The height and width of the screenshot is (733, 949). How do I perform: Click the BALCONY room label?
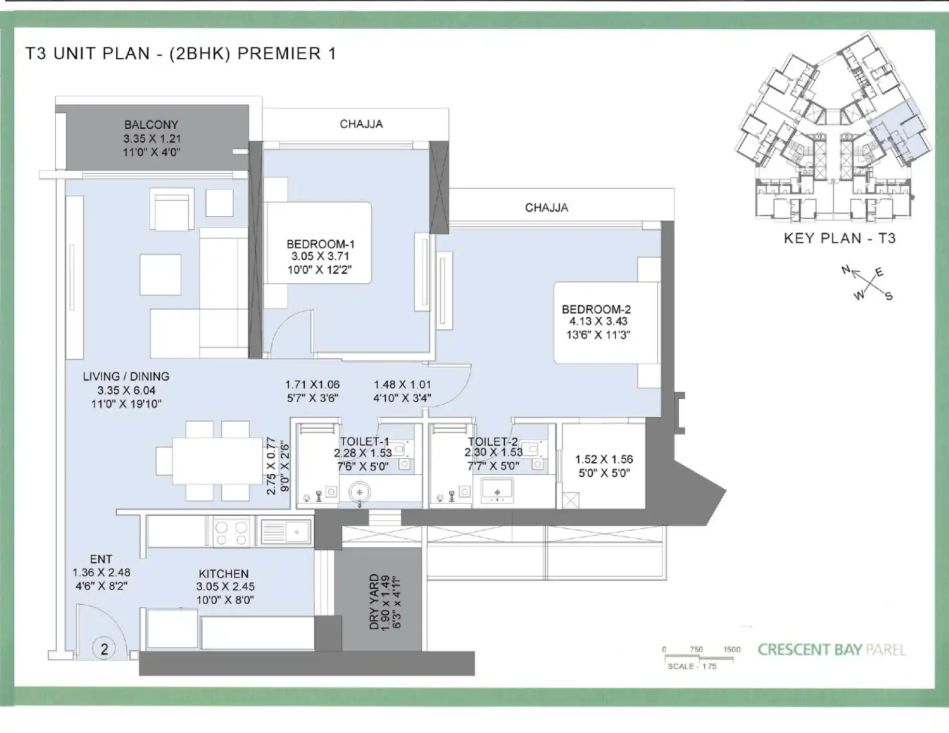(151, 125)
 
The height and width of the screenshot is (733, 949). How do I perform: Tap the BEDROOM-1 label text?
(321, 244)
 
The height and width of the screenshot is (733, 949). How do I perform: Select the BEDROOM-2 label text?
(596, 310)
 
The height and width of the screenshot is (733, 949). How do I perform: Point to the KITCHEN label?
(223, 574)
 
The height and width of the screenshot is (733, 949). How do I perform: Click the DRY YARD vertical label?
(374, 602)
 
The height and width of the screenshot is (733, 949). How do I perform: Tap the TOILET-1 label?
(365, 441)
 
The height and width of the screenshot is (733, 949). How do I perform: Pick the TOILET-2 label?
(492, 441)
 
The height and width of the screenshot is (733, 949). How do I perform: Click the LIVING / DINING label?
(126, 376)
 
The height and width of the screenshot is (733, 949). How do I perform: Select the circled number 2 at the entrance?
(104, 649)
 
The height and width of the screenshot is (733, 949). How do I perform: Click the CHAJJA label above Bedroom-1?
(361, 124)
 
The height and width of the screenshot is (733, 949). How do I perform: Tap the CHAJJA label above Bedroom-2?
(546, 207)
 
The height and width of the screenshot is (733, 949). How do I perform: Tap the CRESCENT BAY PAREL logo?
(832, 650)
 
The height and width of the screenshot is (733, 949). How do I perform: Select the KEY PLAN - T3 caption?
(839, 238)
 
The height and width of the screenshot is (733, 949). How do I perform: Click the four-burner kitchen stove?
(231, 533)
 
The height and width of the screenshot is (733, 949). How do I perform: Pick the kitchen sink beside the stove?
(286, 532)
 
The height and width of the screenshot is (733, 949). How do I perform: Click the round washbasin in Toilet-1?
(359, 493)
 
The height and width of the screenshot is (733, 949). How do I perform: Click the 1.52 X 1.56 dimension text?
(604, 459)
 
